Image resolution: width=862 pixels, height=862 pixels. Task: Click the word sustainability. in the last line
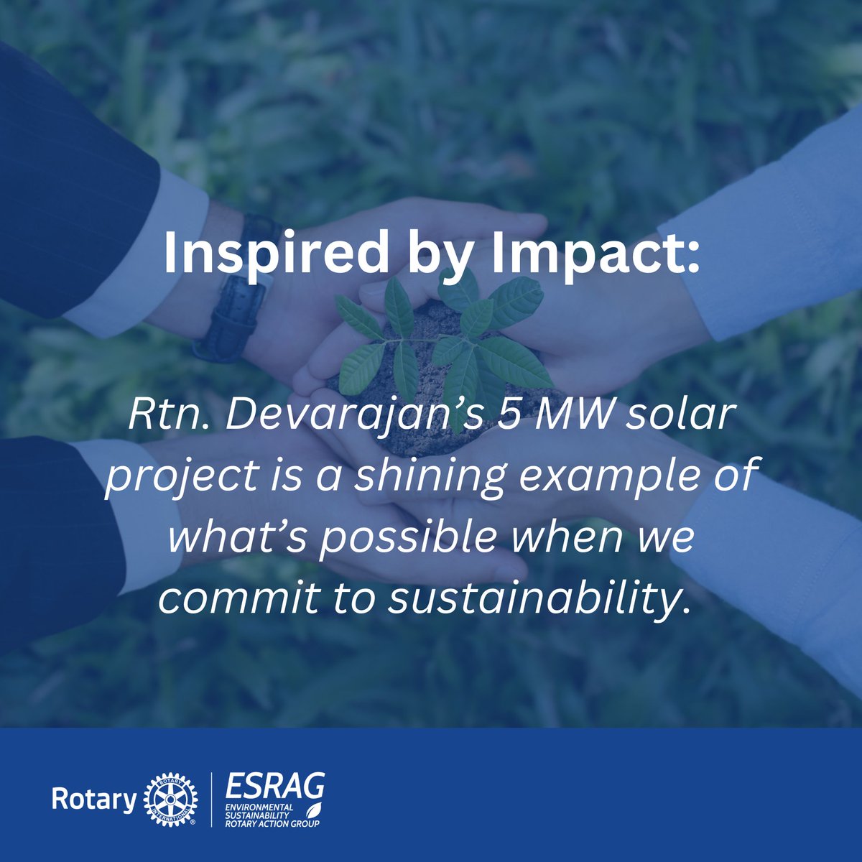pyautogui.click(x=535, y=598)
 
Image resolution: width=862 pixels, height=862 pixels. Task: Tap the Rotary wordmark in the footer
pyautogui.click(x=94, y=800)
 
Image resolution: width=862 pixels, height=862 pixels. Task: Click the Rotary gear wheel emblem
pyautogui.click(x=170, y=800)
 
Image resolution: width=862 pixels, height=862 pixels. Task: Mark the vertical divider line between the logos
pyautogui.click(x=210, y=800)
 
